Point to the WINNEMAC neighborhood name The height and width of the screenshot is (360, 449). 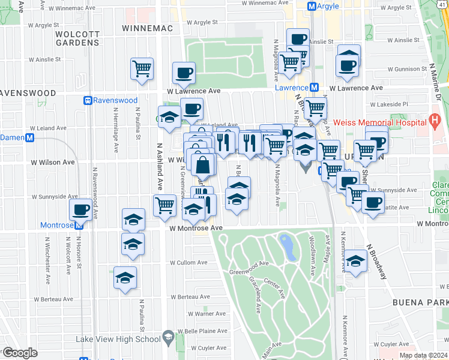coord(147,28)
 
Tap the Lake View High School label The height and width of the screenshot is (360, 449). coord(118,338)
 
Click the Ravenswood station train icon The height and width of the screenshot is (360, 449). coord(88,101)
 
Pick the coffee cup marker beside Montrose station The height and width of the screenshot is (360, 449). coord(80,211)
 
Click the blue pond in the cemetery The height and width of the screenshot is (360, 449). coord(287,246)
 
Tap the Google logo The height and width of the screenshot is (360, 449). coord(19,353)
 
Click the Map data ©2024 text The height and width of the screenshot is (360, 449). coord(423,355)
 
